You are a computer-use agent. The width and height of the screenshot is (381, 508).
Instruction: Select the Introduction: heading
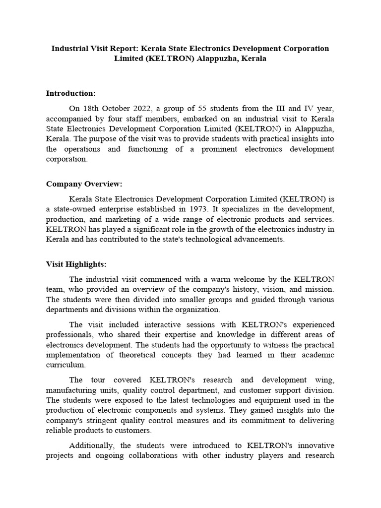point(70,93)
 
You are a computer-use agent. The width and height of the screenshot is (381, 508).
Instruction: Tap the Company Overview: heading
point(84,184)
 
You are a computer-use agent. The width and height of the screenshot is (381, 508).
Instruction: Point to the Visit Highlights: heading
point(76,264)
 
